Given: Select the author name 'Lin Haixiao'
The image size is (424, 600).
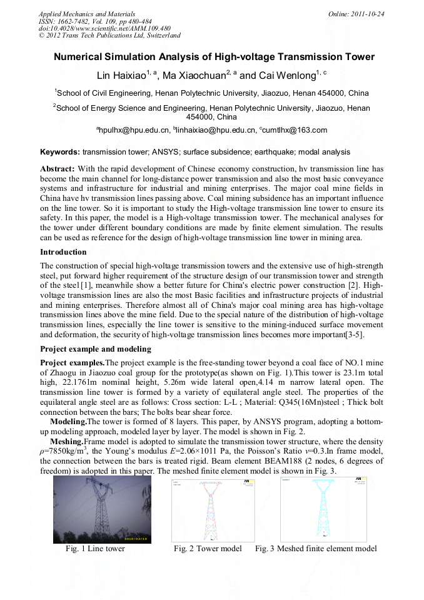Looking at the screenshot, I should pyautogui.click(x=121, y=76).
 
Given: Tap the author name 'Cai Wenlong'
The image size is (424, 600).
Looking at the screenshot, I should pyautogui.click(x=286, y=76).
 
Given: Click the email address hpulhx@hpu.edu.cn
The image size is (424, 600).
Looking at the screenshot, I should pyautogui.click(x=133, y=130).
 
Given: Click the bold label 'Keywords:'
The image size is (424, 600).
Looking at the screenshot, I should pyautogui.click(x=60, y=152).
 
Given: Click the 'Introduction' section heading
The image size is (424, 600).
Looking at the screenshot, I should pyautogui.click(x=63, y=252).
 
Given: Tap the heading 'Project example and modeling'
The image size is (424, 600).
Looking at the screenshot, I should pyautogui.click(x=95, y=348).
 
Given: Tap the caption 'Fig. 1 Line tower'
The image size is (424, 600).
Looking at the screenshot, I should pyautogui.click(x=95, y=549).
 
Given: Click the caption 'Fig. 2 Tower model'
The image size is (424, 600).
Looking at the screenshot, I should pyautogui.click(x=208, y=549).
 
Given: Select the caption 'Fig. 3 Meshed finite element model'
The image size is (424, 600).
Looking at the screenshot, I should pyautogui.click(x=316, y=549).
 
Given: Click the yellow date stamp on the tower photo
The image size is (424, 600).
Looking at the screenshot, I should pyautogui.click(x=136, y=538).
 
